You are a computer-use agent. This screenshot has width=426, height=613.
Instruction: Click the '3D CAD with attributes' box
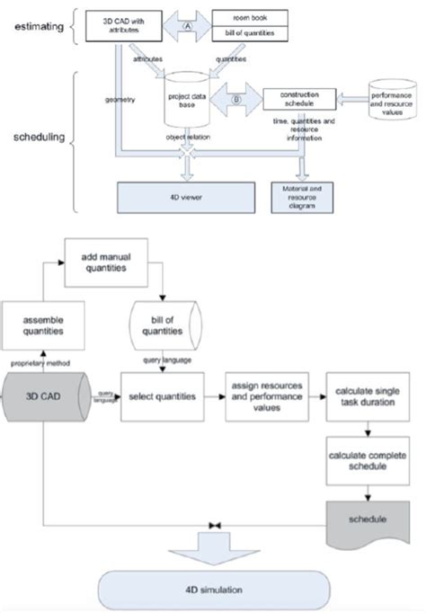point(129,23)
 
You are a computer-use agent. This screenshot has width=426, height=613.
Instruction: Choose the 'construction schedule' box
point(298,97)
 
